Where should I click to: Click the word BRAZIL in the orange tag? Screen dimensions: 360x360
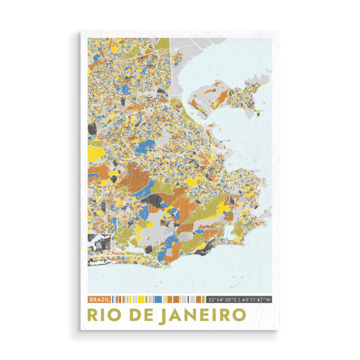tap(99, 299)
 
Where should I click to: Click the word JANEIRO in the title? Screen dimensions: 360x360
tap(202, 315)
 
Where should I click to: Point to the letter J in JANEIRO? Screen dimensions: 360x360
tap(164, 315)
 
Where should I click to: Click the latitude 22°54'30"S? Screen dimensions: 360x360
tap(221, 299)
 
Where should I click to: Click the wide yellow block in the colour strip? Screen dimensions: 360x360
tap(143, 299)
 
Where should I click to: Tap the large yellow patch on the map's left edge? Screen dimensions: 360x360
tap(95, 151)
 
